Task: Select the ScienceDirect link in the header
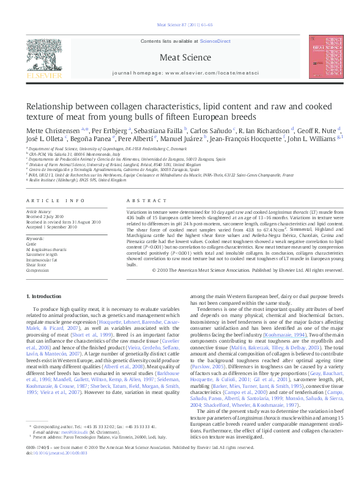[x=215, y=41]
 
